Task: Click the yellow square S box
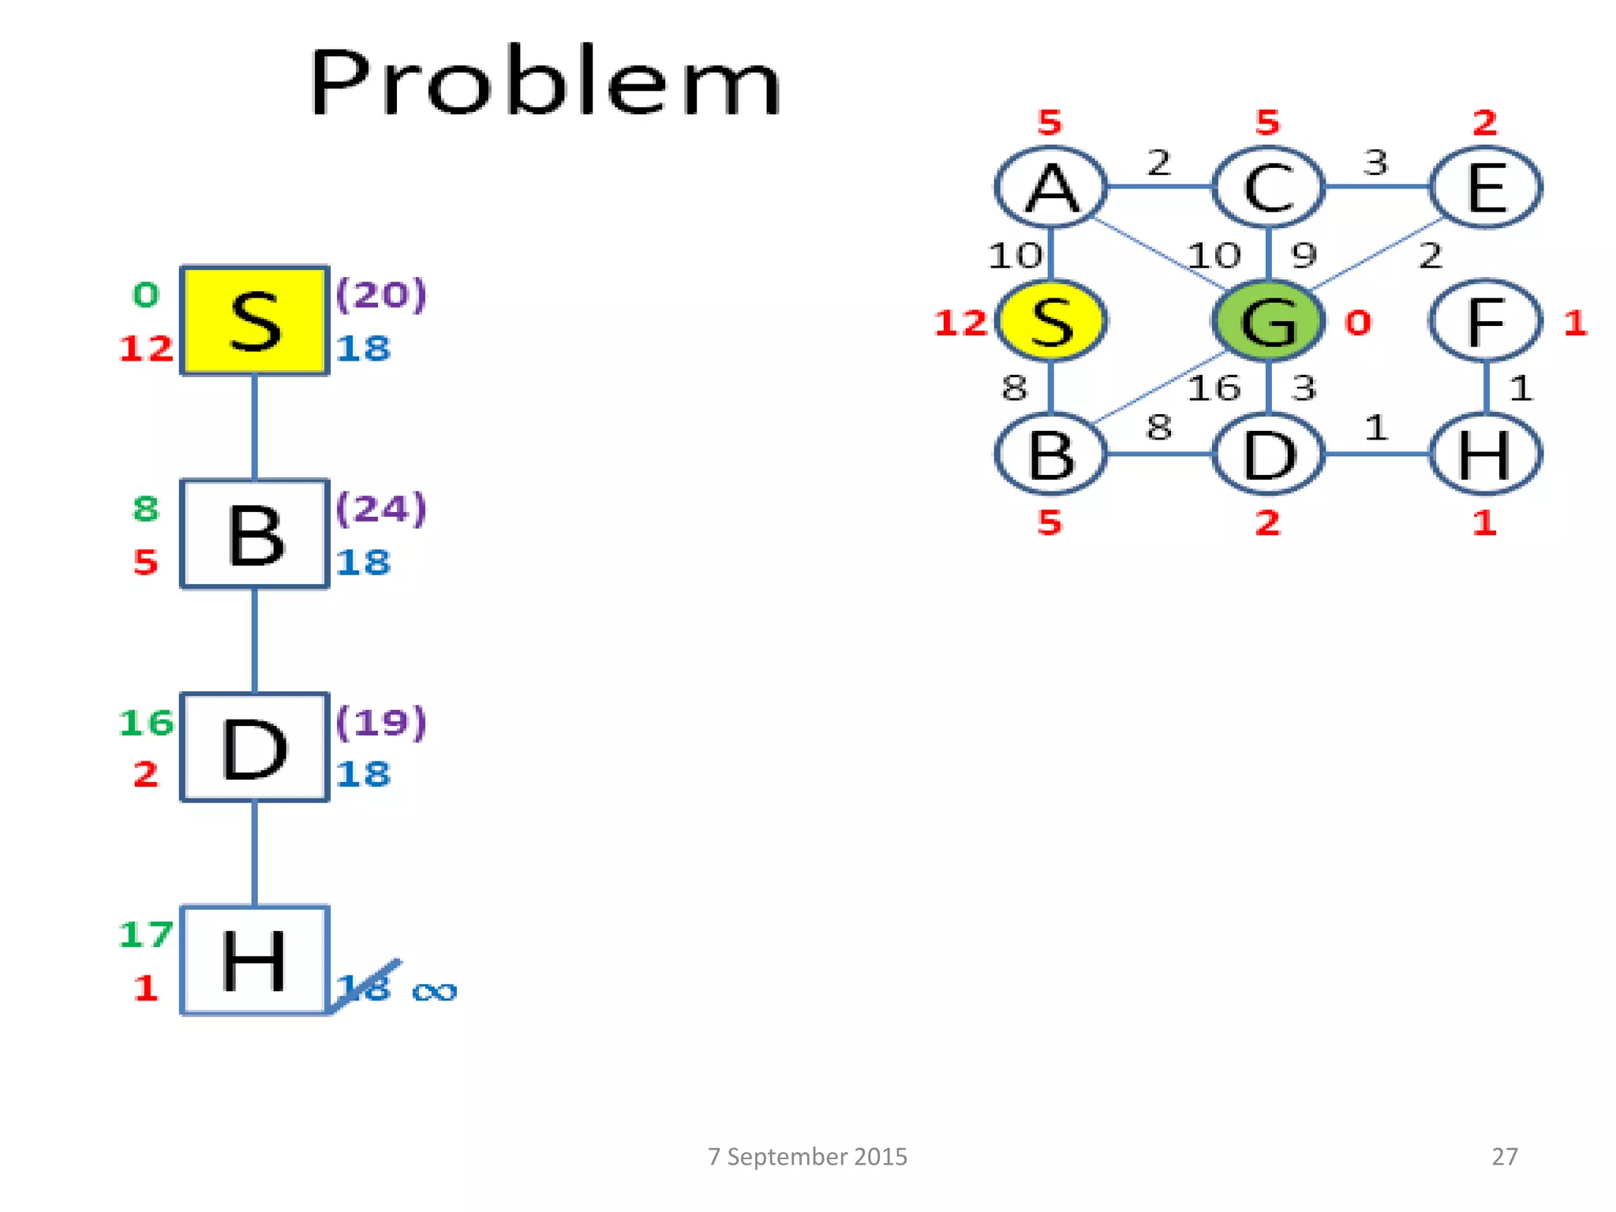point(254,320)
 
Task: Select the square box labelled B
point(254,534)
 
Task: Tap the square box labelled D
point(254,747)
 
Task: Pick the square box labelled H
point(254,960)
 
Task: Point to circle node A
point(1051,188)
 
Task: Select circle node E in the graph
point(1486,188)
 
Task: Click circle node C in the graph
point(1268,188)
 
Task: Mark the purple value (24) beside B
point(381,509)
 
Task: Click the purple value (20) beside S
point(381,295)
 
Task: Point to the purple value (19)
point(381,722)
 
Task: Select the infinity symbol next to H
point(435,991)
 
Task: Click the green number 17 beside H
point(145,935)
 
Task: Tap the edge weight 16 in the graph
point(1214,388)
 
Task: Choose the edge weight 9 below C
point(1304,255)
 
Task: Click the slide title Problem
point(545,81)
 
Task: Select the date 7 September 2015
point(807,1157)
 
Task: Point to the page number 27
point(1504,1157)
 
